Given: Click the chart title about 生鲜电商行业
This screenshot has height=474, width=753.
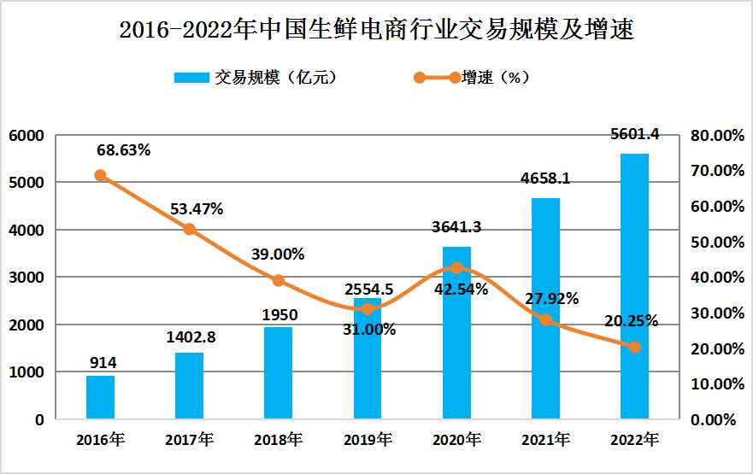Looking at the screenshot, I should click(376, 31).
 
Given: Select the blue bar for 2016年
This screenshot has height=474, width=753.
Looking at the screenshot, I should click(100, 397).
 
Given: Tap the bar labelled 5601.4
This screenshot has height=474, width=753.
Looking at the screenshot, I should click(634, 286).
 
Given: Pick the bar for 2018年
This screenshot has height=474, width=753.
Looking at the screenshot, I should click(278, 373).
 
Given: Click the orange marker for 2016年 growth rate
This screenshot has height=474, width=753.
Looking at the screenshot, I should click(100, 175).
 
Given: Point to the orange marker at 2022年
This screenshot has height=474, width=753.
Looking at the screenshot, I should click(634, 347).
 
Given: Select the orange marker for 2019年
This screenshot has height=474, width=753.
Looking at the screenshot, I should click(368, 308).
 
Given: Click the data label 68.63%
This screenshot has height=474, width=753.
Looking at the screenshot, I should click(123, 150).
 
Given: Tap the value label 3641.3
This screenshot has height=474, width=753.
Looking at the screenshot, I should click(456, 227).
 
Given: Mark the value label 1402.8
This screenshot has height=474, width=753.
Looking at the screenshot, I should click(190, 337).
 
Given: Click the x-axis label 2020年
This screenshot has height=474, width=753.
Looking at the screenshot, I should click(456, 441).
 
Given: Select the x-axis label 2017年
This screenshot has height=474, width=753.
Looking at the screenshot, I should click(190, 441).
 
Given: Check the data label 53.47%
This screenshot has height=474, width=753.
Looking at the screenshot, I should click(196, 209).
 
